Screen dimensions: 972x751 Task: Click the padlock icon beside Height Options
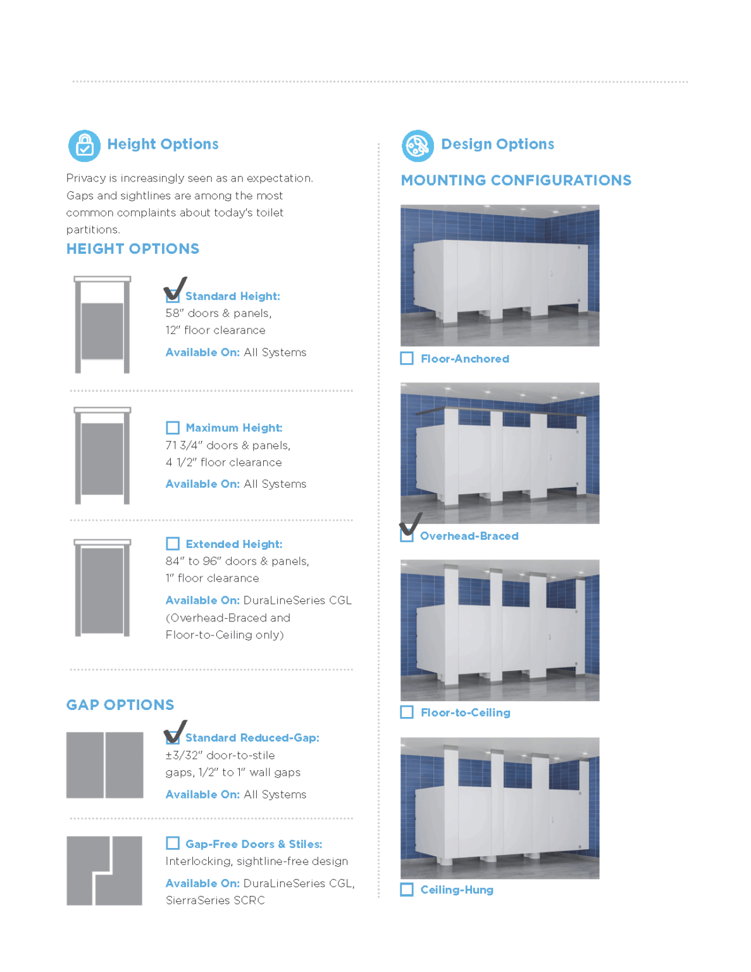pos(84,146)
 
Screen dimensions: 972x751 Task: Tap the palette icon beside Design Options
pos(418,146)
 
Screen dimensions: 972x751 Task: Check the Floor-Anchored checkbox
pos(407,358)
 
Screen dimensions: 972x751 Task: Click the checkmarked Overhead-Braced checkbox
pos(407,535)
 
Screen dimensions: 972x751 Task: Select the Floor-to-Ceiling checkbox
pos(407,712)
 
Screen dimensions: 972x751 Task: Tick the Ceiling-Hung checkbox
pos(407,889)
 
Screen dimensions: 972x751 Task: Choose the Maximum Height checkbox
pos(173,428)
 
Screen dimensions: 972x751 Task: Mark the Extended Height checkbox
pos(173,544)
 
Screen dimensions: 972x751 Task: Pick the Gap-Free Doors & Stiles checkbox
pos(173,843)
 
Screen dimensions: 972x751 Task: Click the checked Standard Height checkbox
pos(173,296)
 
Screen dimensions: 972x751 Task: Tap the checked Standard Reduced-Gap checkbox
pos(173,737)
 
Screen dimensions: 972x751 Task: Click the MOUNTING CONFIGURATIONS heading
pos(516,180)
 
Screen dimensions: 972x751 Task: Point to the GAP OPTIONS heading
pos(120,705)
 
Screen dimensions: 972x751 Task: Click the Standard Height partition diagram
pos(102,325)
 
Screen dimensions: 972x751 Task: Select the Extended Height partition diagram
pos(102,588)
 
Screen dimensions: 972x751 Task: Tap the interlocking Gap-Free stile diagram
pos(104,871)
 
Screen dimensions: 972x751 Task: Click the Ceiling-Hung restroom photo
pos(500,807)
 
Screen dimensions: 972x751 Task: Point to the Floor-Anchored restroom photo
pos(500,275)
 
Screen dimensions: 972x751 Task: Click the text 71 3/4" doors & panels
pos(228,445)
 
